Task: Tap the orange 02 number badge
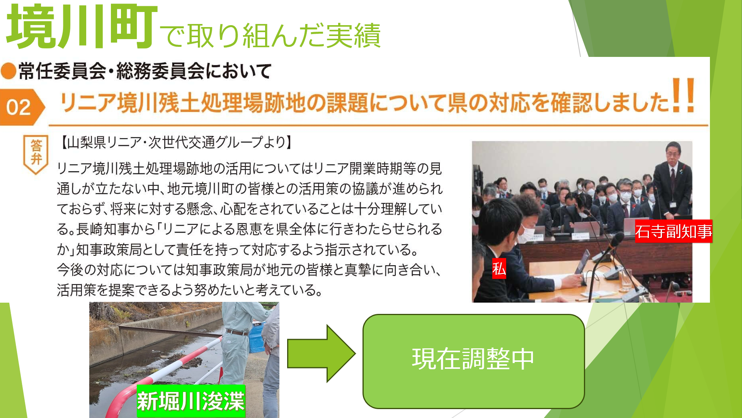tap(22, 107)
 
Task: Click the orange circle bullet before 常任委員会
tap(9, 71)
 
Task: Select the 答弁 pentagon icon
tap(36, 154)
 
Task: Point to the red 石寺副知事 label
tap(673, 231)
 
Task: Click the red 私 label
tap(499, 269)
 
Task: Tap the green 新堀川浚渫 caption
tap(191, 401)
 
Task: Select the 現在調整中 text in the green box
tap(473, 359)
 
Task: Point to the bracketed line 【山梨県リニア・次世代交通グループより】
tap(176, 142)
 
